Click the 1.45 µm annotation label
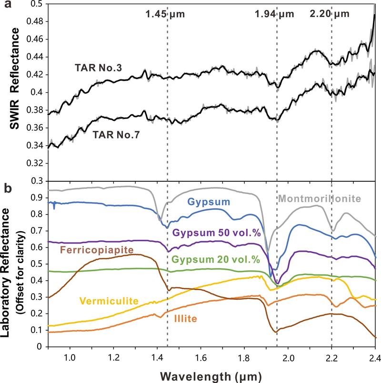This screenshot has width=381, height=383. [x=165, y=14]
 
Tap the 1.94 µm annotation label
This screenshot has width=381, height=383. [x=275, y=14]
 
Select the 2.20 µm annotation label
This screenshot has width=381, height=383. [x=329, y=14]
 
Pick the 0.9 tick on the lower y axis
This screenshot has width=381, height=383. [x=38, y=198]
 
